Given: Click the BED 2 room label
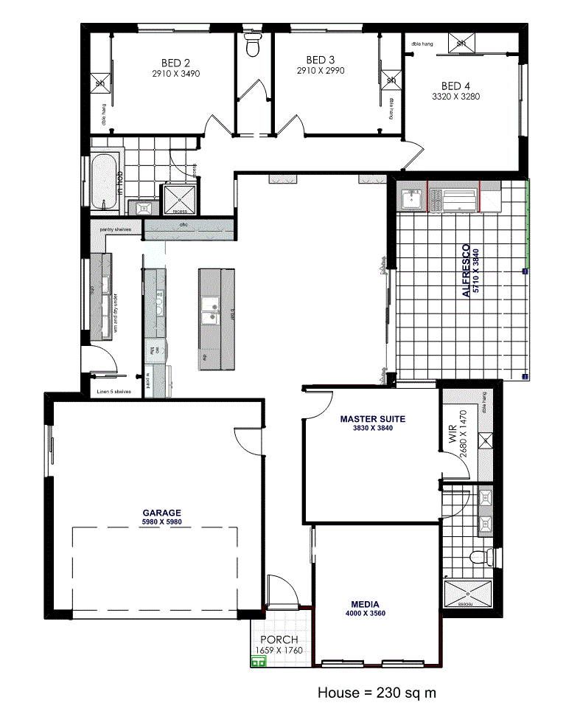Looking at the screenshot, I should point(176,63).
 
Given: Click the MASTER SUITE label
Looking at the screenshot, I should point(373,419).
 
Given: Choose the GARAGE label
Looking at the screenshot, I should point(162,513).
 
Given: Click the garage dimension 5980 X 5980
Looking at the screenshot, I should point(162,522).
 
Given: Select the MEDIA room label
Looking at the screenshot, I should point(366,603).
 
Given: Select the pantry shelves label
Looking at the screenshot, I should point(115,229).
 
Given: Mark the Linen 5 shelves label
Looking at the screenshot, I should point(113,392).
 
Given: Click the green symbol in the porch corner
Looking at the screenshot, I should point(259,662).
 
